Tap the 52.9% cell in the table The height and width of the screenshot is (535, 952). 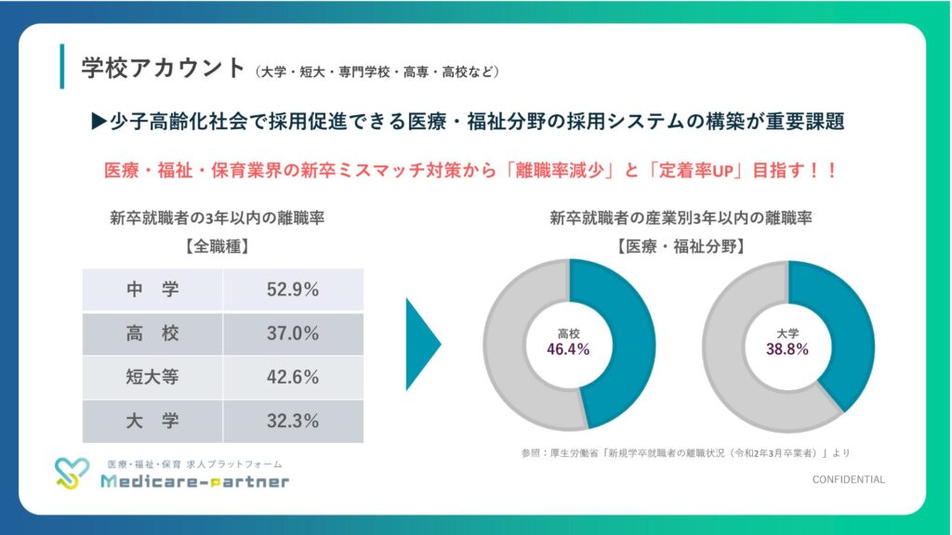[293, 289]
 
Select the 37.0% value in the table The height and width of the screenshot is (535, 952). [293, 333]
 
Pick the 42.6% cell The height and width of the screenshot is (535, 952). [293, 377]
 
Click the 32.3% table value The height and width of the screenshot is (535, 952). [293, 421]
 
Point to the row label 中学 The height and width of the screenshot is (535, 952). [152, 289]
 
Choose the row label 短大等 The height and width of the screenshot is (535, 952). [152, 377]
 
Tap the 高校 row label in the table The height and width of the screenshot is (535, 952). [152, 333]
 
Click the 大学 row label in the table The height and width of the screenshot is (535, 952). [152, 421]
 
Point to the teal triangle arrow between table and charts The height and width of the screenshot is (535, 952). [421, 345]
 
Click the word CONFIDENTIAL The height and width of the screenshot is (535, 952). [848, 479]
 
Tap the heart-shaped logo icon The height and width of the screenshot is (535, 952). [73, 474]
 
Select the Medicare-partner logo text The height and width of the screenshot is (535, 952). [194, 482]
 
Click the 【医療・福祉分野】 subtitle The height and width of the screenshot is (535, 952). [681, 247]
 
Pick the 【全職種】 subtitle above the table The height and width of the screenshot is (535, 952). [216, 247]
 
